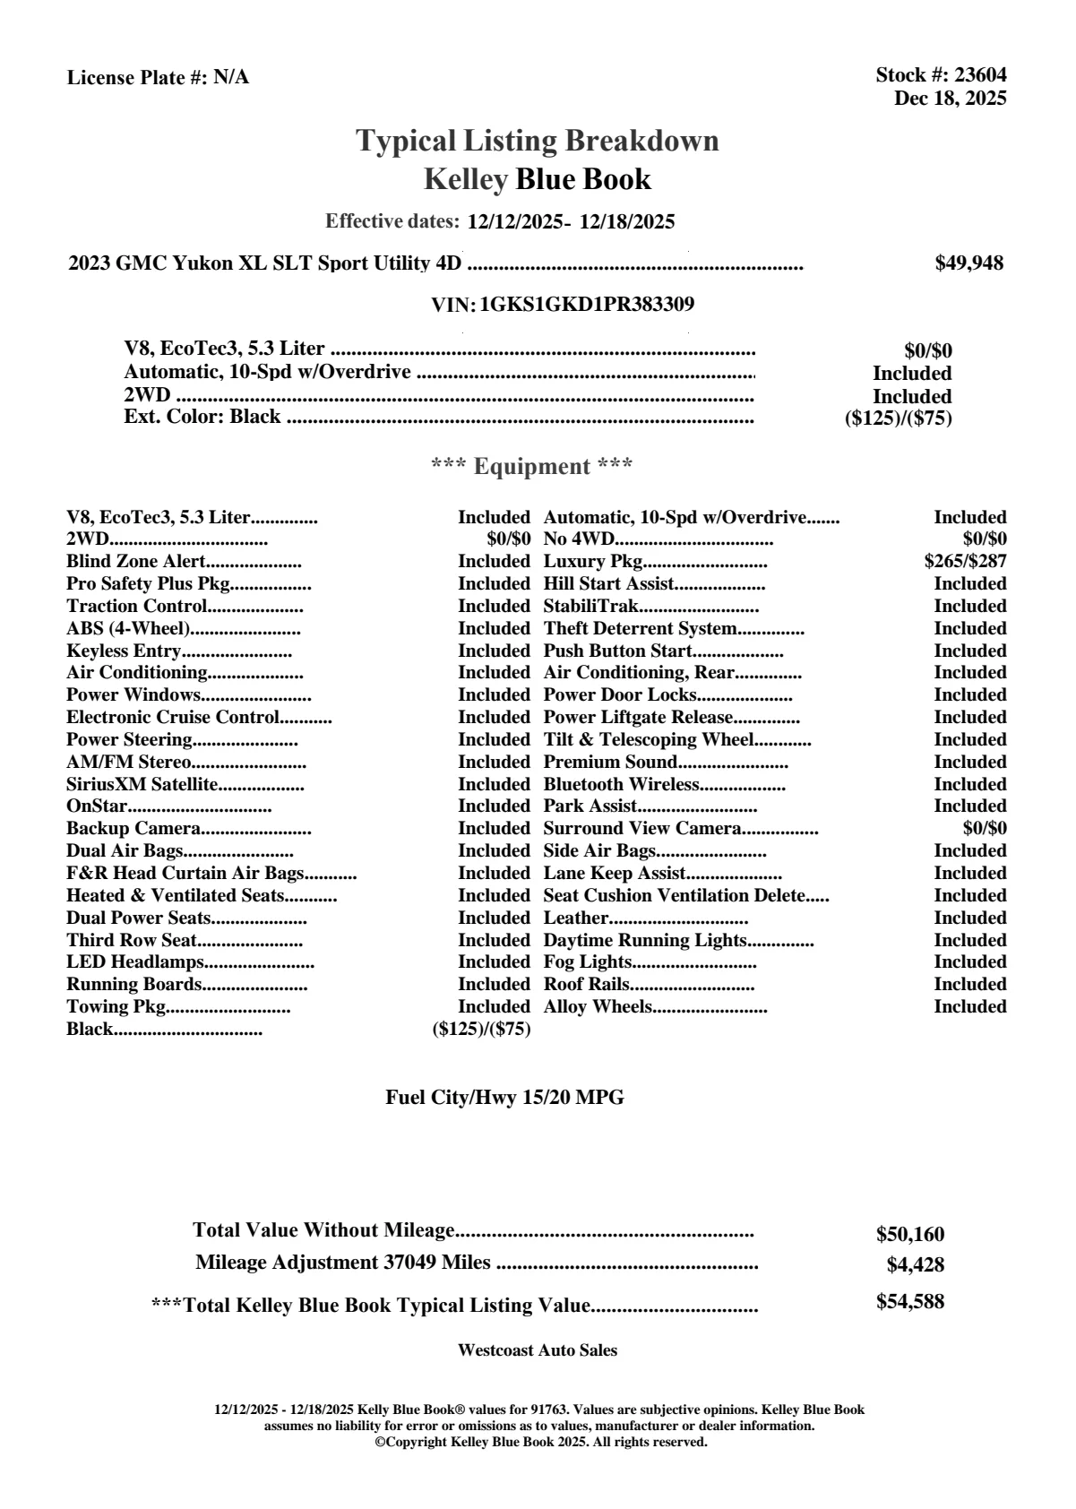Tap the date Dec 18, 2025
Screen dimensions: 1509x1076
950,99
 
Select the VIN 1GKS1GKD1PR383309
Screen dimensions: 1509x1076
587,305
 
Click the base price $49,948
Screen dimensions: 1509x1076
969,263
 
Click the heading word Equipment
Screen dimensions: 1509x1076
532,467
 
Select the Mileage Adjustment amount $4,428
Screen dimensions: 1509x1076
916,1265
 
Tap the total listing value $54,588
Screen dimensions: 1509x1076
910,1302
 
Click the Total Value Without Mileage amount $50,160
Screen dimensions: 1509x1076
910,1235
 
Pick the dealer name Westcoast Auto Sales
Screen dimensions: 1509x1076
538,1350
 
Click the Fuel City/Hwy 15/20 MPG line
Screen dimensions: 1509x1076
505,1098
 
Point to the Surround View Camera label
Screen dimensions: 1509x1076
642,829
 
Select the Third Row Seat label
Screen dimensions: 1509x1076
132,940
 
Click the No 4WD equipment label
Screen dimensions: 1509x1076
579,539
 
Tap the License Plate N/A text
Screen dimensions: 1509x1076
159,78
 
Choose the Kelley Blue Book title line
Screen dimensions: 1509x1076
538,180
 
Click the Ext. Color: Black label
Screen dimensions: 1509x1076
202,417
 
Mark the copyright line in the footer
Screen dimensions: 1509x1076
541,1442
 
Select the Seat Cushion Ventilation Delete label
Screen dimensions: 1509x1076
674,896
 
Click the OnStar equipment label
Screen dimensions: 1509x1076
97,806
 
